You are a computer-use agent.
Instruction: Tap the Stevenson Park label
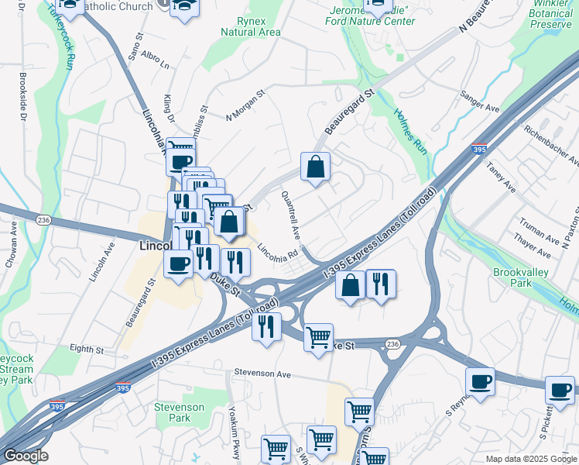pyautogui.click(x=179, y=412)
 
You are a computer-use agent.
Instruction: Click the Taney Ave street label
pyautogui.click(x=501, y=177)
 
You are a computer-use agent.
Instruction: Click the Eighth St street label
pyautogui.click(x=87, y=350)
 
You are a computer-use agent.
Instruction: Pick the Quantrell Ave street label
pyautogui.click(x=292, y=215)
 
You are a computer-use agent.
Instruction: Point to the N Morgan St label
pyautogui.click(x=245, y=106)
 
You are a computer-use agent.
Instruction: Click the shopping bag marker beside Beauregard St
pyautogui.click(x=315, y=167)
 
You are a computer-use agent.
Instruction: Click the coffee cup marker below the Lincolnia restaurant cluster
pyautogui.click(x=179, y=263)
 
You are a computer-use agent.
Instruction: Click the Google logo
pyautogui.click(x=25, y=456)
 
